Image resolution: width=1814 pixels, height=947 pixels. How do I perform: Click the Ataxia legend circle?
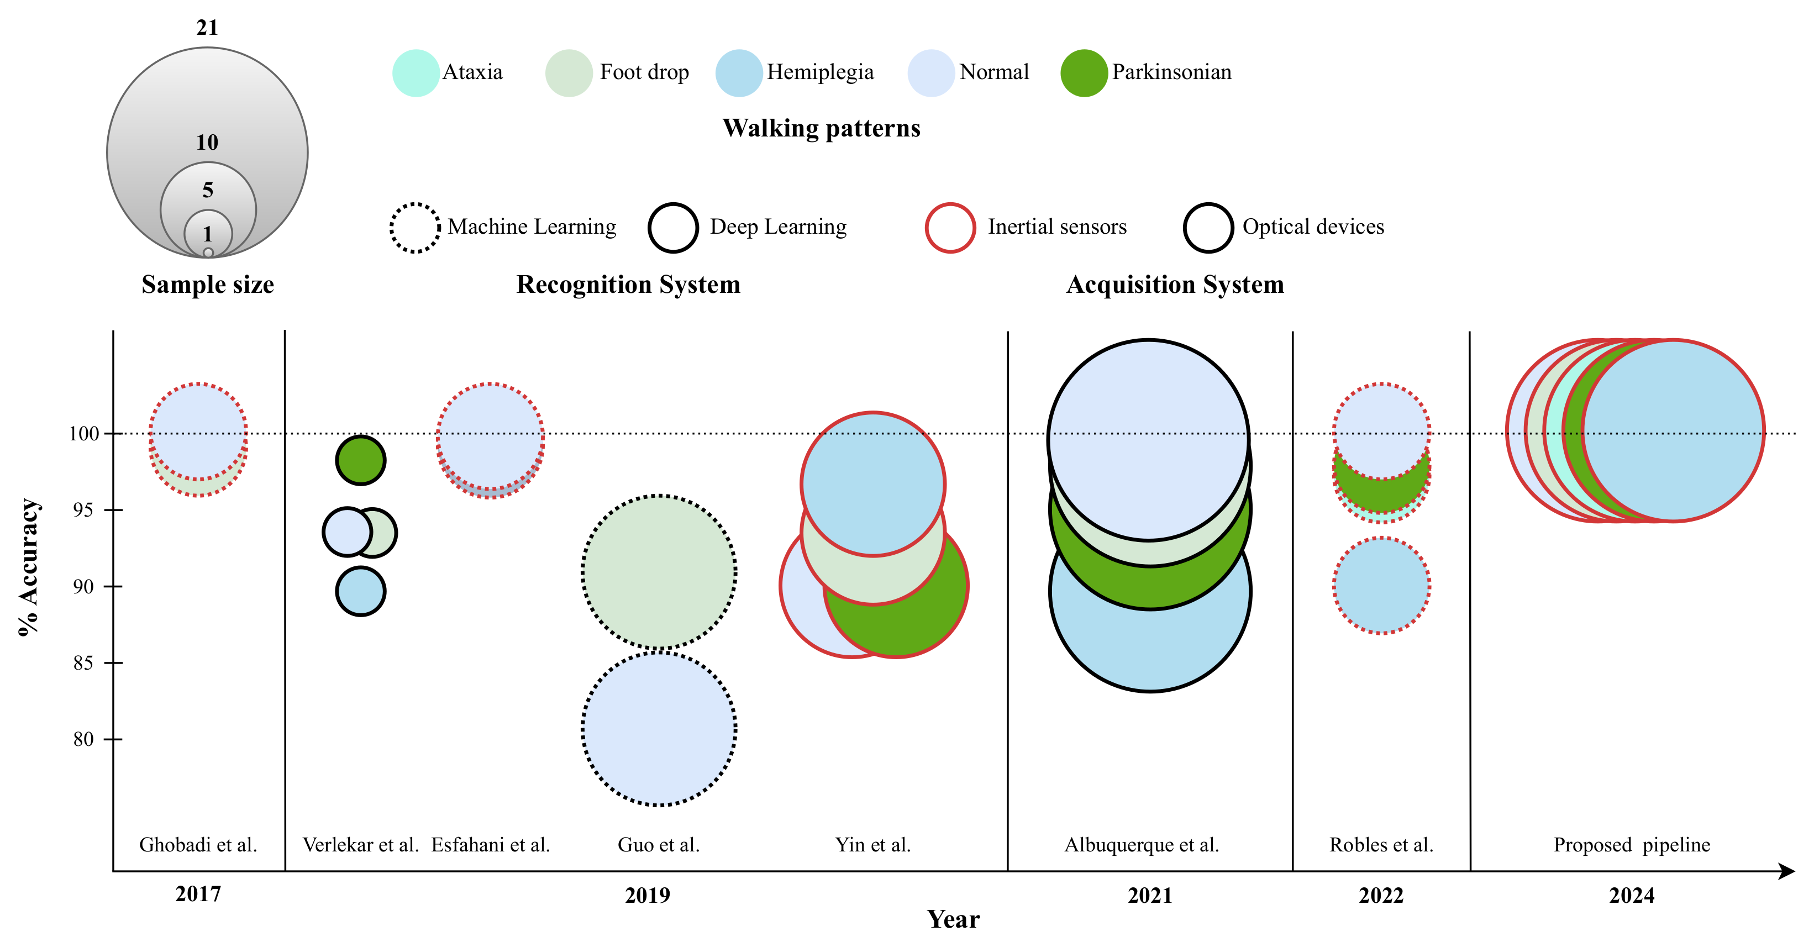[416, 72]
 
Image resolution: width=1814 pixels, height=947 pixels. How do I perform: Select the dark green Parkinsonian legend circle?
[1084, 72]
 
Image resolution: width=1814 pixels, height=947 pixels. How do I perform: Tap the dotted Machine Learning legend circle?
[415, 228]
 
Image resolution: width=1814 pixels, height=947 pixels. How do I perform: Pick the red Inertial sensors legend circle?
[950, 228]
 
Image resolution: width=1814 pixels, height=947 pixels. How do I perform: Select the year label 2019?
[647, 895]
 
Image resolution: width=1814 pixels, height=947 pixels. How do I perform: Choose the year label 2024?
[1631, 895]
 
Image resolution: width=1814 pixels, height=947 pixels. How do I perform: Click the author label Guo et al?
[659, 844]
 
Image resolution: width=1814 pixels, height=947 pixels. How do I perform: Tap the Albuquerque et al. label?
[1142, 844]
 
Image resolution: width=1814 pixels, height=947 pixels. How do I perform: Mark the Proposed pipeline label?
[1632, 844]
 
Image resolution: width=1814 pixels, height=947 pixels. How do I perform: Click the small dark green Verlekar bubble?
[361, 460]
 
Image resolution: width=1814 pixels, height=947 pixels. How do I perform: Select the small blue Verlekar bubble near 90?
[361, 591]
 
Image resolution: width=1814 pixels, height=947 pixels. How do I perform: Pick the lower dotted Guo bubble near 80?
[659, 729]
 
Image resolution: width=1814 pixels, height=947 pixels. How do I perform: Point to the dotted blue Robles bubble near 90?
[1381, 586]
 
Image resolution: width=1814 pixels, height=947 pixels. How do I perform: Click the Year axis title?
[953, 919]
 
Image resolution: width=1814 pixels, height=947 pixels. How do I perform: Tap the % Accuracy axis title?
[29, 567]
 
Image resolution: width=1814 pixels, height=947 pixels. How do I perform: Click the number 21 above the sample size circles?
[207, 28]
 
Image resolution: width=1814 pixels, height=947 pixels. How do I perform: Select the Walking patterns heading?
[821, 128]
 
